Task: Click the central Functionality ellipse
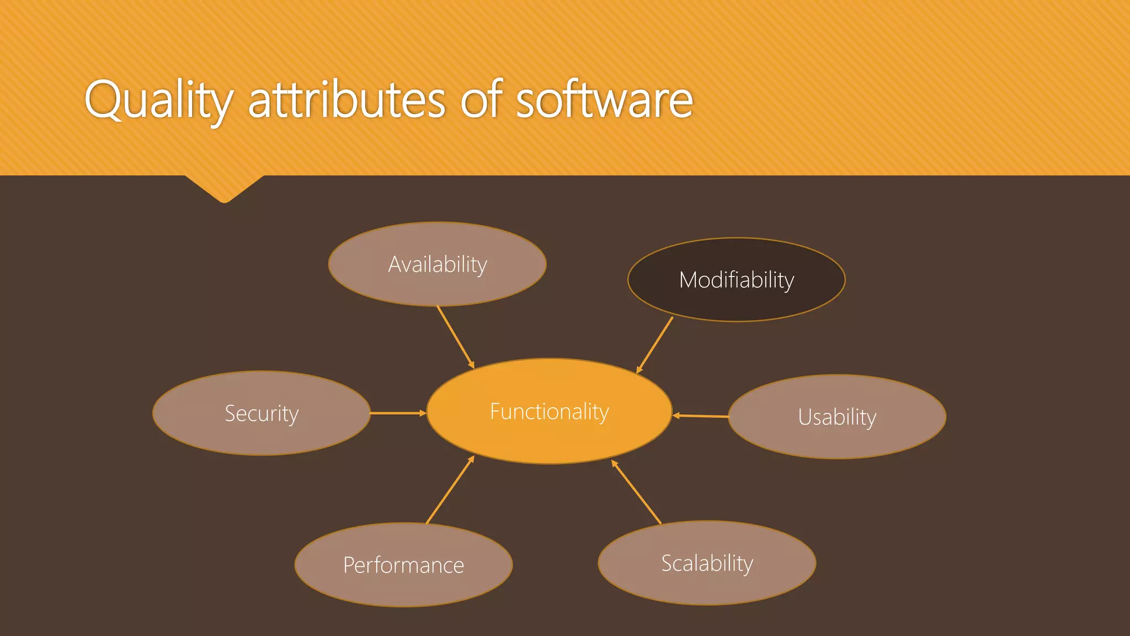click(549, 411)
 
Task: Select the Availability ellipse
click(437, 264)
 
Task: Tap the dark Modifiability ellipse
click(736, 280)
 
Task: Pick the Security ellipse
click(261, 413)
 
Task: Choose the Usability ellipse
click(836, 417)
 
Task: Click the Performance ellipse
click(403, 565)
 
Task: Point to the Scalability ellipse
click(707, 563)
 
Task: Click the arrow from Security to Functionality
click(397, 413)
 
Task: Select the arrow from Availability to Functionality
click(455, 337)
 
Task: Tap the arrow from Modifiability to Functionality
click(655, 345)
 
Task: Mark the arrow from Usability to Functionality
click(701, 416)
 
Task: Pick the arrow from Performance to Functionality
click(450, 490)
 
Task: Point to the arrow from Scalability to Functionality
click(636, 492)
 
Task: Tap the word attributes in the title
click(347, 100)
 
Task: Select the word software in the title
click(604, 100)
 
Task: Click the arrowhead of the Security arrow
click(423, 413)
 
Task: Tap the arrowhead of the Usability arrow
click(676, 415)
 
